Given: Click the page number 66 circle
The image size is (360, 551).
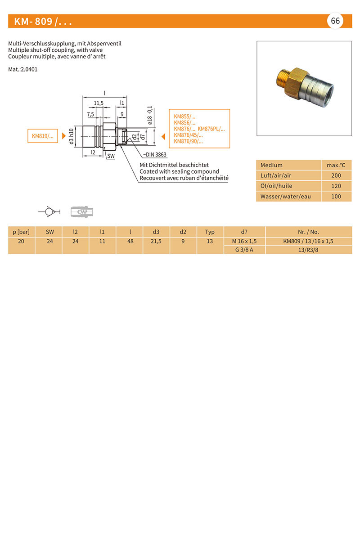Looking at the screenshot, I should click(x=335, y=21).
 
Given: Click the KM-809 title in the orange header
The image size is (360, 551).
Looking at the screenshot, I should click(x=43, y=22).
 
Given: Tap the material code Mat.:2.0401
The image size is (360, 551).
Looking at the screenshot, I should click(x=23, y=70).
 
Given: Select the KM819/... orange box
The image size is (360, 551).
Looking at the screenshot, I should click(x=43, y=135).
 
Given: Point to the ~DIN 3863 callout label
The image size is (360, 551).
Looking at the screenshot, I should click(x=155, y=154).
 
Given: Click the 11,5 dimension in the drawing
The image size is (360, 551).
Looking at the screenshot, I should click(x=99, y=103).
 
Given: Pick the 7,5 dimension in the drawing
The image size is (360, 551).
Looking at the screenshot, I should click(x=90, y=114).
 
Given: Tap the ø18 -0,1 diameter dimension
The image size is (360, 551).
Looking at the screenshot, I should click(x=150, y=116).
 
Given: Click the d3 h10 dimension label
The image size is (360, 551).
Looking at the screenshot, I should click(x=71, y=135).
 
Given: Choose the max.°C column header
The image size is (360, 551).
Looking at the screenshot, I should click(x=336, y=165).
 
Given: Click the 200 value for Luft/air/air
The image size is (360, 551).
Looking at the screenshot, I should click(x=336, y=175).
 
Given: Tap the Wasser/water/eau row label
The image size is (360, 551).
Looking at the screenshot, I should click(x=285, y=196).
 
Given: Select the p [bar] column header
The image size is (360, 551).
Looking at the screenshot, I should click(x=21, y=232).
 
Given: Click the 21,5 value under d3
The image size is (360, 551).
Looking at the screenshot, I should click(x=156, y=241).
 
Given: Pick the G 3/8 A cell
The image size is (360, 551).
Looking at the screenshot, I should click(x=244, y=250).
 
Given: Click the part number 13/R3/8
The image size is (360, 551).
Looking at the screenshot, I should click(x=308, y=250).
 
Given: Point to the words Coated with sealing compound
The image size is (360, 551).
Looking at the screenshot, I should click(x=179, y=171).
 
